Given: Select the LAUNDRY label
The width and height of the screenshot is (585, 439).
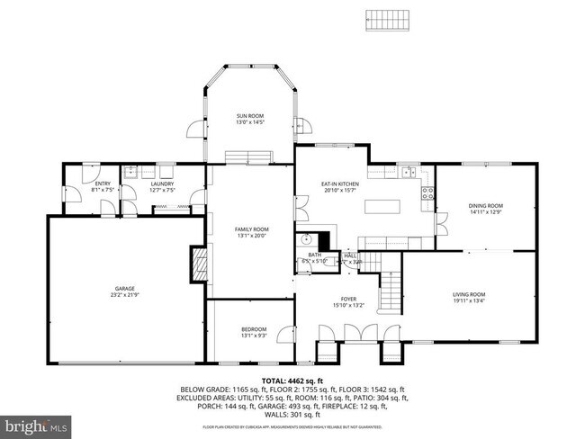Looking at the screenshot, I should click(162, 186).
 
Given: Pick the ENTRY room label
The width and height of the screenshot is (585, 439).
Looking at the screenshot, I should click(102, 186).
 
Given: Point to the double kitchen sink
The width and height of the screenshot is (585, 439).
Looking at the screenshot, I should click(408, 172).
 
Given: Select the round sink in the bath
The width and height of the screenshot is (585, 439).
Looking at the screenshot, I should click(307, 239).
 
